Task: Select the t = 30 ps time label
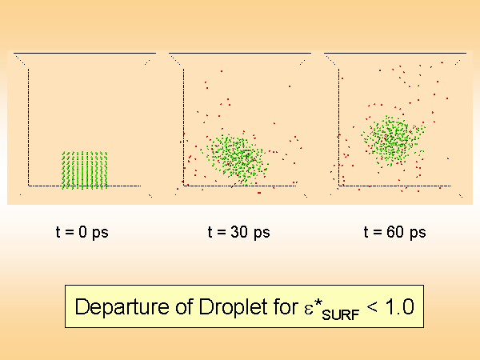238,233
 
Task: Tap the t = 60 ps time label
394,233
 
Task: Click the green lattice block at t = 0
85,170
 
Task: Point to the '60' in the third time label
395,233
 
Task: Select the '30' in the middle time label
238,233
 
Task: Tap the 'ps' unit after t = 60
417,234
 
